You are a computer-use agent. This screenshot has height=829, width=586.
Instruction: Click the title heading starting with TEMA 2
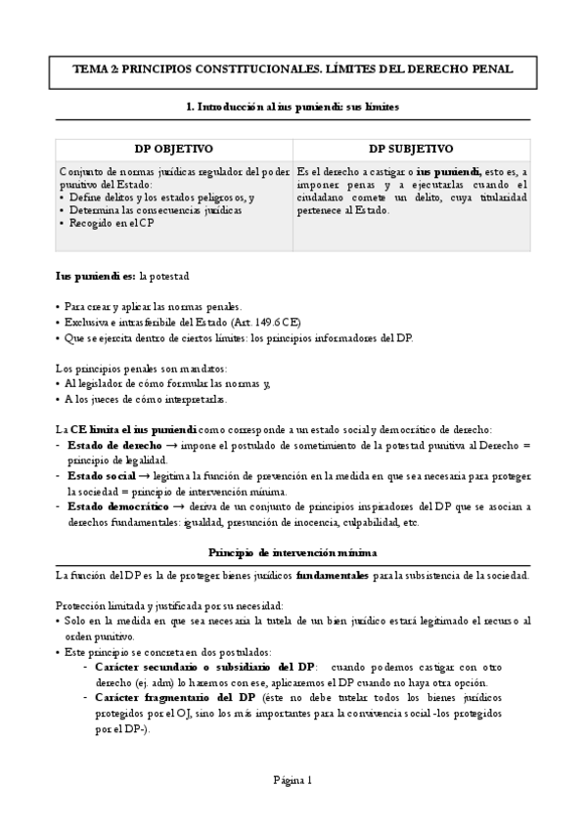click(293, 70)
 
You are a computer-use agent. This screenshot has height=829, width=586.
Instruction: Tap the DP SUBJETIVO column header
click(411, 149)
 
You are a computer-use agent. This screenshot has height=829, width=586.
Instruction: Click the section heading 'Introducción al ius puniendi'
click(293, 105)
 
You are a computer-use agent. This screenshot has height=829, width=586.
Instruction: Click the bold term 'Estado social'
click(101, 476)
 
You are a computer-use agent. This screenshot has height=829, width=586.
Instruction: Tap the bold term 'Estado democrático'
click(119, 506)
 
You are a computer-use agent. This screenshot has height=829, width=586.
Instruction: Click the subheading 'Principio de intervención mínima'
click(293, 552)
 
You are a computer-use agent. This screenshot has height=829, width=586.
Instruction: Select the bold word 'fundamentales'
click(332, 575)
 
